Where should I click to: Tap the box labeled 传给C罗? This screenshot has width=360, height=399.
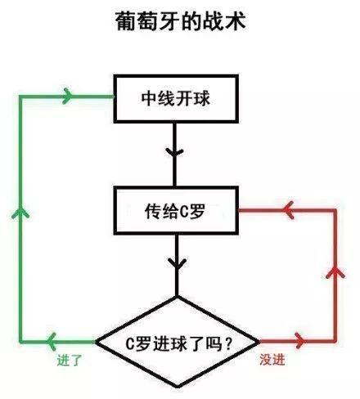(177, 211)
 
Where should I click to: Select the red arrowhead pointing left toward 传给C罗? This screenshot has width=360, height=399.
(287, 210)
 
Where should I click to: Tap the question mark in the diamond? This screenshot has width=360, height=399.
(226, 342)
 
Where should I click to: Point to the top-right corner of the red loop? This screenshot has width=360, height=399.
(335, 210)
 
